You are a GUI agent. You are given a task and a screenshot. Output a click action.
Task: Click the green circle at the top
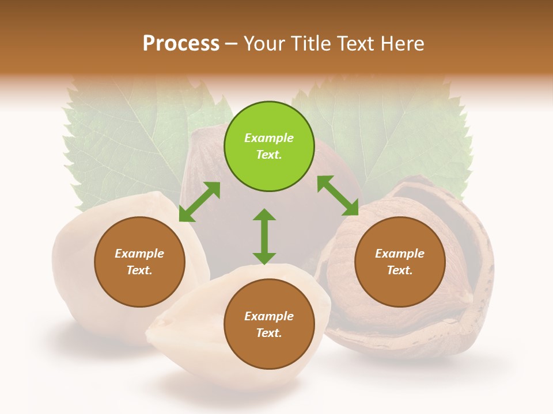coord(269,147)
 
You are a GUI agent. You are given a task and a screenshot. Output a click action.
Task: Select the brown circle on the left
coord(139,262)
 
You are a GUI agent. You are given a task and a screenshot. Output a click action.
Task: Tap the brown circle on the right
coord(400,262)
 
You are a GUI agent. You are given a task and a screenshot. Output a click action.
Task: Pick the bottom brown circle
coord(269,324)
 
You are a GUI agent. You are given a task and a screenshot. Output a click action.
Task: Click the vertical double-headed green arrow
coord(264,236)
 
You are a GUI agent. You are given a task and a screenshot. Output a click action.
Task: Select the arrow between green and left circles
coord(199,202)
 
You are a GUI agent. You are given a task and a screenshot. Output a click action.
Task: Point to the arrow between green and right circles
coord(338,196)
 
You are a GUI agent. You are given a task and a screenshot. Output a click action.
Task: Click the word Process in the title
coord(181,43)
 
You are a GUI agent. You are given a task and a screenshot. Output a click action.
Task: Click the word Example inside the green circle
coord(269,138)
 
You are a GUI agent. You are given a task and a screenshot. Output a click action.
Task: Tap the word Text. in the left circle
coord(139,270)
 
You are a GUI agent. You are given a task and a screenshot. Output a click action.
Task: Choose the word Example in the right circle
coord(400,254)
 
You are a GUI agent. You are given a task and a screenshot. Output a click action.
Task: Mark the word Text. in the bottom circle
coord(269,333)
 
